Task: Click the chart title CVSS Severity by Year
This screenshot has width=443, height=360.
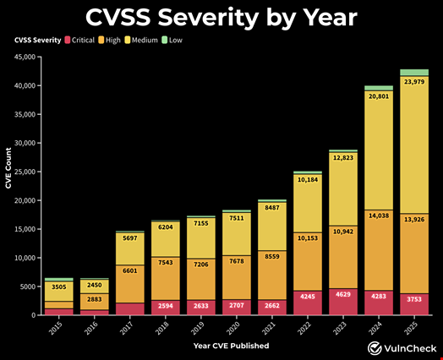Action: click(221, 17)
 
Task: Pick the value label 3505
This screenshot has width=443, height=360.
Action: click(58, 287)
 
